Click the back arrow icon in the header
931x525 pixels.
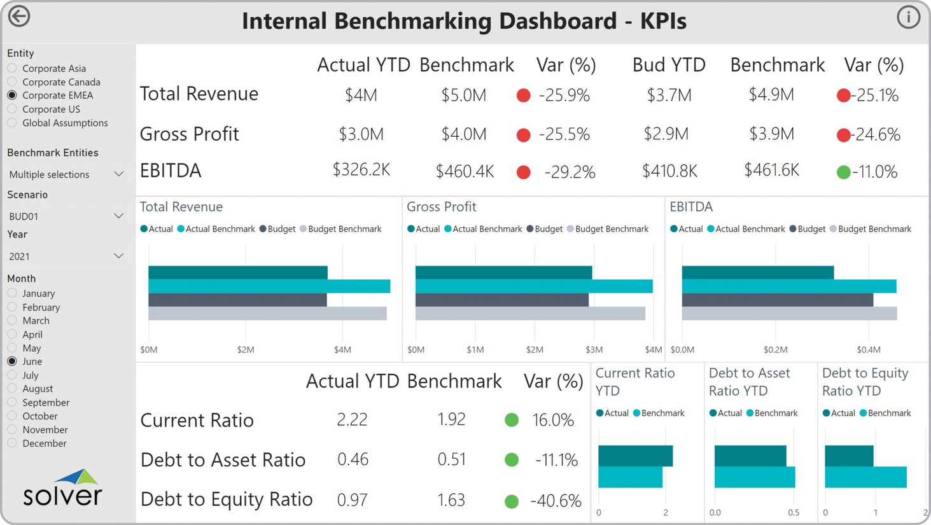pos(19,17)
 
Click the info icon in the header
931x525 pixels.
pos(908,17)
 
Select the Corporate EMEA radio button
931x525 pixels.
pos(12,95)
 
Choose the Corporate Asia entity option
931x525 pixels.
pos(12,68)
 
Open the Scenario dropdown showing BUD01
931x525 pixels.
pos(66,216)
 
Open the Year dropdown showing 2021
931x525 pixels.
pos(66,256)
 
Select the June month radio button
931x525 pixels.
pos(12,361)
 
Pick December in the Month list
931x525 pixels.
pos(12,443)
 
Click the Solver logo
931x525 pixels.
pos(62,489)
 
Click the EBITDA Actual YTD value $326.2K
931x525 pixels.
pos(361,170)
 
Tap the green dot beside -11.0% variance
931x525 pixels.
pos(843,172)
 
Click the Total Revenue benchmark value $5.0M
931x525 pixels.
pos(463,95)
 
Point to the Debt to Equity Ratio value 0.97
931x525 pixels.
pos(352,500)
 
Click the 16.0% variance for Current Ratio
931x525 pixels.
pos(553,420)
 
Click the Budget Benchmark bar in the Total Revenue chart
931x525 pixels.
pos(267,314)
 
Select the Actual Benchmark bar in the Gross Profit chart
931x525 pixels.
pos(533,286)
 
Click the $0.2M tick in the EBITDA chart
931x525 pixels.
pos(775,349)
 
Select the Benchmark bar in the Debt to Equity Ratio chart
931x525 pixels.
pos(865,477)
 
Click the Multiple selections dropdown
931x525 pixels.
pos(66,174)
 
